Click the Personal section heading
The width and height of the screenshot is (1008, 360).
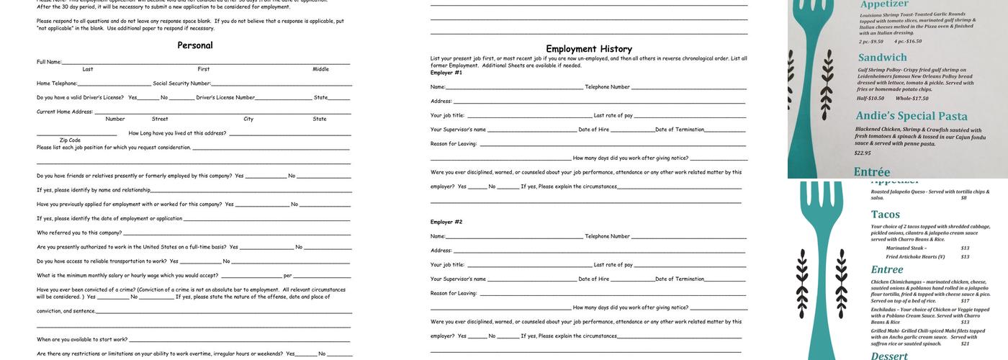click(195, 45)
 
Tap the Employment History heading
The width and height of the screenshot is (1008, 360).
click(588, 49)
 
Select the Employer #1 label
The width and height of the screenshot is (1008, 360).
click(446, 73)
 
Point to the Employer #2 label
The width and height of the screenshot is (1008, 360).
click(446, 222)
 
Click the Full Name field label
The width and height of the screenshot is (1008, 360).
click(49, 62)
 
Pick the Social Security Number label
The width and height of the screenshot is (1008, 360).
click(181, 84)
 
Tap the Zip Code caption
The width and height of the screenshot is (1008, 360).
click(70, 140)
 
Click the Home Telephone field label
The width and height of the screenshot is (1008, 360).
click(57, 84)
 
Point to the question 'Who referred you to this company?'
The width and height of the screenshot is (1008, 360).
click(79, 233)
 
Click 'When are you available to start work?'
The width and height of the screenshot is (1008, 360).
click(82, 339)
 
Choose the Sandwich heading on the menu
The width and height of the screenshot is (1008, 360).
click(883, 58)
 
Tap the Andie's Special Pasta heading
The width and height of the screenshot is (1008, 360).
click(911, 116)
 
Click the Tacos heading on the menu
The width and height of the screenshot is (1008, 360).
click(886, 215)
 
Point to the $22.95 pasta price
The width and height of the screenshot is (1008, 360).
click(863, 153)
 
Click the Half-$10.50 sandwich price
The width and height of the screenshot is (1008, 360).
click(870, 99)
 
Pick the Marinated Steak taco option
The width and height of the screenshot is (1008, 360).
click(906, 248)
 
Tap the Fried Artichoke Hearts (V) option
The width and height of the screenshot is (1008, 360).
click(916, 256)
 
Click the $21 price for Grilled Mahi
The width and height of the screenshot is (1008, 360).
click(965, 343)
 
